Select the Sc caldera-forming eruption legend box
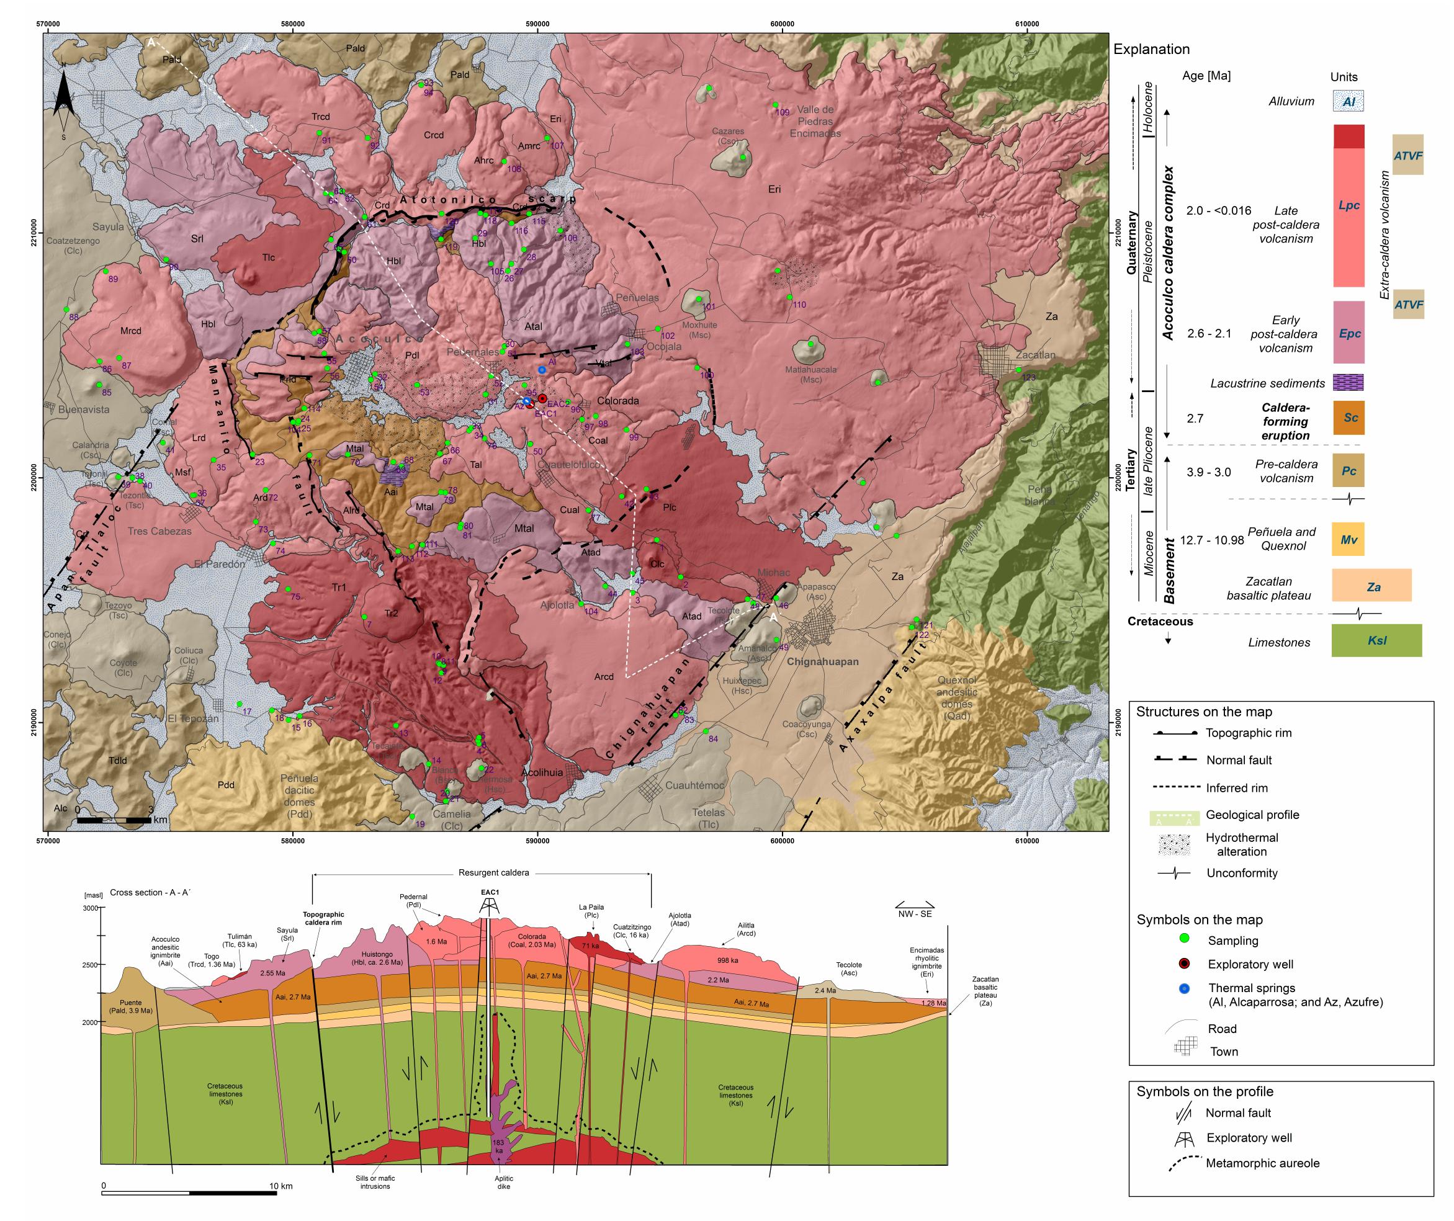point(1349,418)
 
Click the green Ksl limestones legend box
point(1376,640)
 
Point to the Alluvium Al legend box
point(1348,101)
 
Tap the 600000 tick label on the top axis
point(782,24)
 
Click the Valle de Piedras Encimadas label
point(815,121)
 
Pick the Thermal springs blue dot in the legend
point(1184,988)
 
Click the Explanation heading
point(1151,49)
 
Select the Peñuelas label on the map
point(637,298)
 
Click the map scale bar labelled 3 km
point(114,820)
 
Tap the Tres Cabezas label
point(159,531)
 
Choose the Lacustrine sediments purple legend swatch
point(1348,383)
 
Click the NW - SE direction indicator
point(915,910)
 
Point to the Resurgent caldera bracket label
point(493,873)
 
